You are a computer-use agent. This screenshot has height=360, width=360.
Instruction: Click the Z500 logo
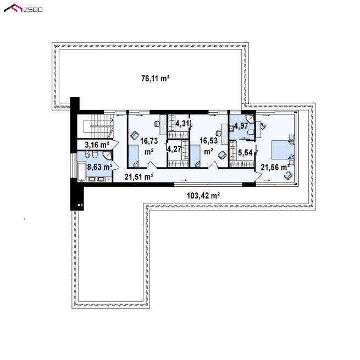[x=23, y=9]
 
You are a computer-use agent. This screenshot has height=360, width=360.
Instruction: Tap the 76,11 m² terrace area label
[x=156, y=79]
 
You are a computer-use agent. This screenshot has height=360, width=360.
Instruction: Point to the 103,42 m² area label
[x=203, y=196]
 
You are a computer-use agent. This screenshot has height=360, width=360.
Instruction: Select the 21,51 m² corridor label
[x=139, y=176]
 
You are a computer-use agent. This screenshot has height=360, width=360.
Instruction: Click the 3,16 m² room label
[x=97, y=145]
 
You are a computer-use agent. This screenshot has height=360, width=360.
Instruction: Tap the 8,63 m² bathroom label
[x=99, y=167]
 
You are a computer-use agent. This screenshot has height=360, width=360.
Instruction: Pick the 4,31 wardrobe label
[x=182, y=124]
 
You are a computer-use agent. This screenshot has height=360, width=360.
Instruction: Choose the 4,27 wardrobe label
[x=174, y=149]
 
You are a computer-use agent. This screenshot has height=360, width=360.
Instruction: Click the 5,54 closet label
[x=245, y=152]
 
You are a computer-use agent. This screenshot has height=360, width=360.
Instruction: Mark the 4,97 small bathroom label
[x=241, y=126]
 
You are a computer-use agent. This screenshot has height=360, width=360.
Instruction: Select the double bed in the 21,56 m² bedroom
[x=283, y=149]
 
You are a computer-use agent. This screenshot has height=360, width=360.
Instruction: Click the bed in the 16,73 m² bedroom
[x=134, y=156]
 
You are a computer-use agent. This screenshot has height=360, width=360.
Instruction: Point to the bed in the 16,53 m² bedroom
[x=195, y=156]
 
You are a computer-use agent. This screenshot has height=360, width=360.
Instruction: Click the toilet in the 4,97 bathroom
[x=251, y=132]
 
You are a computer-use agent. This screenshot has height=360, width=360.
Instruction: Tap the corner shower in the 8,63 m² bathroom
[x=107, y=156]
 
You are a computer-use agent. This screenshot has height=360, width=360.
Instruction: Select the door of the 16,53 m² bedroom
[x=214, y=165]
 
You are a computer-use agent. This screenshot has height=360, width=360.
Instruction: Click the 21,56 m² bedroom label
[x=275, y=168]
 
